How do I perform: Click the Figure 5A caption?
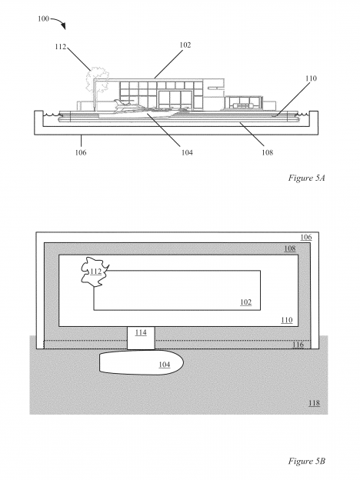[306, 178]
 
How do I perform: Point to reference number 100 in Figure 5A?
[43, 19]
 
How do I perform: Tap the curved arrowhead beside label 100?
[63, 26]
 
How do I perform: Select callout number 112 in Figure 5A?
[61, 47]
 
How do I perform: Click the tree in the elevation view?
[97, 80]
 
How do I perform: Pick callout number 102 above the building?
[185, 45]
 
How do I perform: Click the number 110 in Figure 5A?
[311, 78]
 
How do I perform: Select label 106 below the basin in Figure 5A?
[81, 152]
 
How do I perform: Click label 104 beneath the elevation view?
[187, 152]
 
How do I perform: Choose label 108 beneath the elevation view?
[267, 152]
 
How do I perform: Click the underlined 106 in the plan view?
[306, 237]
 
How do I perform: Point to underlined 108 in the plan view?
[290, 248]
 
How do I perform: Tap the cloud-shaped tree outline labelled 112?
[95, 272]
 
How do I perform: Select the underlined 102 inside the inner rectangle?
[245, 302]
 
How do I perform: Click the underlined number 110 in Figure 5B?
[286, 320]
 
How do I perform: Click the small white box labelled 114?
[141, 338]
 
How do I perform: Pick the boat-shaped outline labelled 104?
[141, 363]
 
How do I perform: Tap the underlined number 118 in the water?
[314, 403]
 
